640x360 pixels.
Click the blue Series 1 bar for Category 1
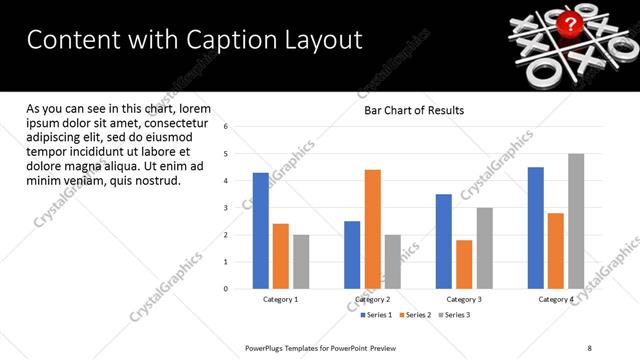tap(260, 231)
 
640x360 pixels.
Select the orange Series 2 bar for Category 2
tap(372, 229)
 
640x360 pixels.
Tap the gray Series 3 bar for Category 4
tap(576, 221)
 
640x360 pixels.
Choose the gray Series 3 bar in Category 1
tap(301, 262)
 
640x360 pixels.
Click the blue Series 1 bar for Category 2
tap(352, 255)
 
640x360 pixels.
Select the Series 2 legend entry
tap(416, 314)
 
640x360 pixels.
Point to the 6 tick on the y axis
tap(226, 127)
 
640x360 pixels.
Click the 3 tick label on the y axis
tap(226, 208)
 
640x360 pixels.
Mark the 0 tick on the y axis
tap(226, 289)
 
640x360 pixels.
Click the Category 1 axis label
tap(280, 299)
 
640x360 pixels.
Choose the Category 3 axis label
tap(463, 299)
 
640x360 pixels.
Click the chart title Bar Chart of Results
tap(413, 110)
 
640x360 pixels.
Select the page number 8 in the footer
tap(589, 347)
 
